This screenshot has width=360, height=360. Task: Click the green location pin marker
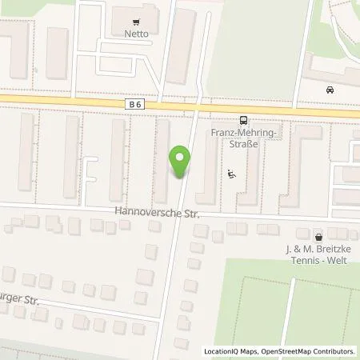182,162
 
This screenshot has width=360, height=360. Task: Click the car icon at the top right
330,90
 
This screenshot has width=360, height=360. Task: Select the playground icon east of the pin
232,172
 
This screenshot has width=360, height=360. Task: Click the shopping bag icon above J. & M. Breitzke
319,237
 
